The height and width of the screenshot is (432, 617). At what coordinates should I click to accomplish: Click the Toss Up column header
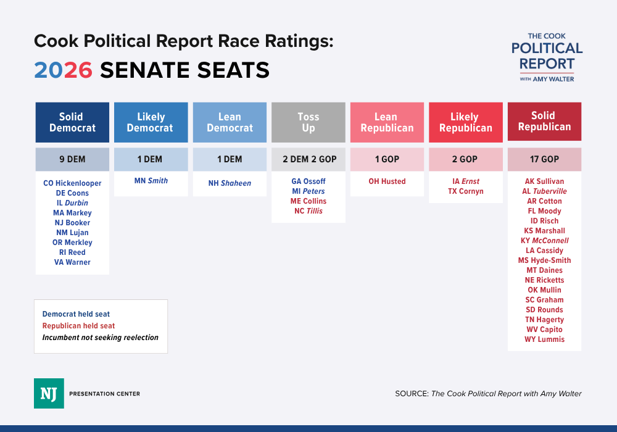308,122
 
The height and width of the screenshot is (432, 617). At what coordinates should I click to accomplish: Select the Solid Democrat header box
72,122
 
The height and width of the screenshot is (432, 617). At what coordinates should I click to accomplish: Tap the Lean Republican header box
387,122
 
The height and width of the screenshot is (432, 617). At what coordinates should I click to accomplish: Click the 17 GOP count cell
544,159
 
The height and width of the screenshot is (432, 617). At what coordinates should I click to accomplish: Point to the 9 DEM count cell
72,159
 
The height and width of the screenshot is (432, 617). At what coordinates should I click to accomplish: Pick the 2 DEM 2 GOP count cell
308,159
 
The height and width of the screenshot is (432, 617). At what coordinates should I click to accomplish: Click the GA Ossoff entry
308,181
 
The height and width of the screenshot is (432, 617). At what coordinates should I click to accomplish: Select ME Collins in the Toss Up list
308,201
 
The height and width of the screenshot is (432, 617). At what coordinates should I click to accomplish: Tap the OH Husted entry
387,181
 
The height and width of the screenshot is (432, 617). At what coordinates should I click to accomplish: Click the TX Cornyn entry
465,191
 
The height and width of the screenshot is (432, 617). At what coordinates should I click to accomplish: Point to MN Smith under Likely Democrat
151,181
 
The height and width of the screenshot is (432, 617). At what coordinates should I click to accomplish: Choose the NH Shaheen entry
230,183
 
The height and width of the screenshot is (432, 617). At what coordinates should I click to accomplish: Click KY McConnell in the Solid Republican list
544,241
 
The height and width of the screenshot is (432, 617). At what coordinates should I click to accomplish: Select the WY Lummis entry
544,339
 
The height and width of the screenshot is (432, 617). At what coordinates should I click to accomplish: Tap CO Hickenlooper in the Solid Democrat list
72,183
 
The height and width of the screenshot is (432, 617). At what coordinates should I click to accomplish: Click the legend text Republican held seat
78,326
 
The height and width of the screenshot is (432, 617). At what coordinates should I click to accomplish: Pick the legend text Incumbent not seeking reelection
100,338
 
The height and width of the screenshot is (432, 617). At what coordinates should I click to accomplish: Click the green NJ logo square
49,393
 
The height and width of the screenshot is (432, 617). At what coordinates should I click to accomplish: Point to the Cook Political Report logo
547,57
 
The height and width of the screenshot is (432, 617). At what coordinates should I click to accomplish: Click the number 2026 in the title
63,70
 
